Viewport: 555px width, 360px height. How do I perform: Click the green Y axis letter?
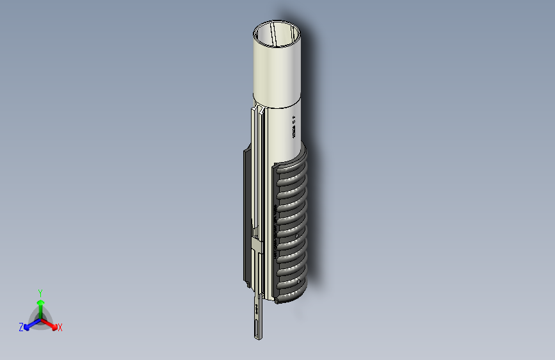click(40, 291)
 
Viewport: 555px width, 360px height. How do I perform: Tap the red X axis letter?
click(60, 327)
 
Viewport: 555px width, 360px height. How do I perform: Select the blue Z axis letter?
click(21, 327)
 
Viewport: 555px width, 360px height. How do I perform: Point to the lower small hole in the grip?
click(299, 282)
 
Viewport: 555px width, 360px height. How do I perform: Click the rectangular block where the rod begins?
click(257, 247)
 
